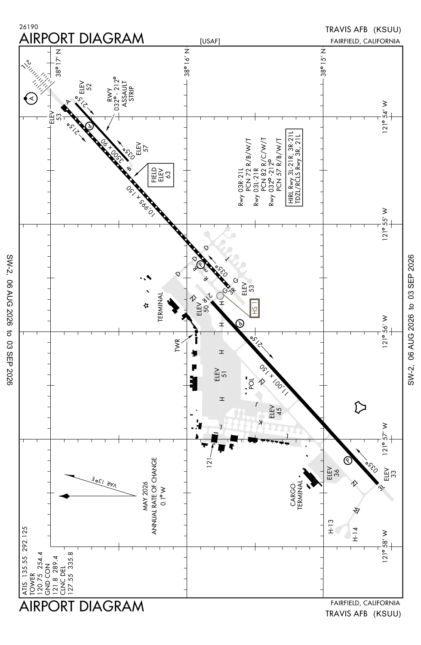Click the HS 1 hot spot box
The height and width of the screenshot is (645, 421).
[x=255, y=308]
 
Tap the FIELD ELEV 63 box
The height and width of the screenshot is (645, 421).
[x=161, y=175]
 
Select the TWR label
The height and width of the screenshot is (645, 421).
[x=177, y=345]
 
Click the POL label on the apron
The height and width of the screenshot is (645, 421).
[x=251, y=384]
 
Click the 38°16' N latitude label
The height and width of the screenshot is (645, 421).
[x=187, y=62]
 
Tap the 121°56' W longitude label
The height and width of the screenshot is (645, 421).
[x=385, y=332]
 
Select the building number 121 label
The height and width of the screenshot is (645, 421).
[x=209, y=462]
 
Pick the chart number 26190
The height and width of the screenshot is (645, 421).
[x=29, y=27]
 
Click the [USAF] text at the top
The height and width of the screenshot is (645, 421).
[x=210, y=41]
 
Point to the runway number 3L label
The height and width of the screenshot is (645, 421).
[x=381, y=488]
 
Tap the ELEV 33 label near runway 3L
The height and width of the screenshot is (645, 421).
[x=390, y=474]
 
